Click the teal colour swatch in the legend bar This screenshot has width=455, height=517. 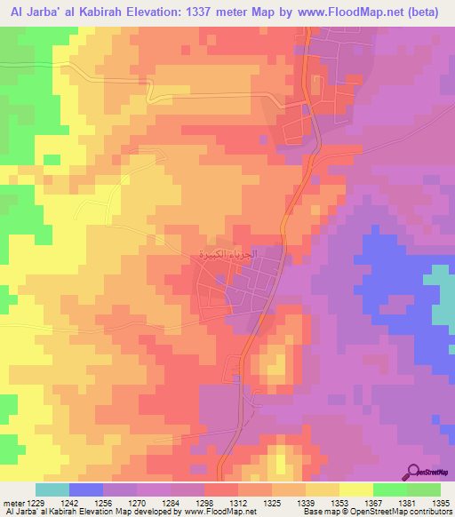(x=52, y=489)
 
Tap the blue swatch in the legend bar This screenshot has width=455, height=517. (x=86, y=489)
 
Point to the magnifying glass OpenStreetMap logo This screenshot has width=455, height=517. (x=413, y=472)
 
